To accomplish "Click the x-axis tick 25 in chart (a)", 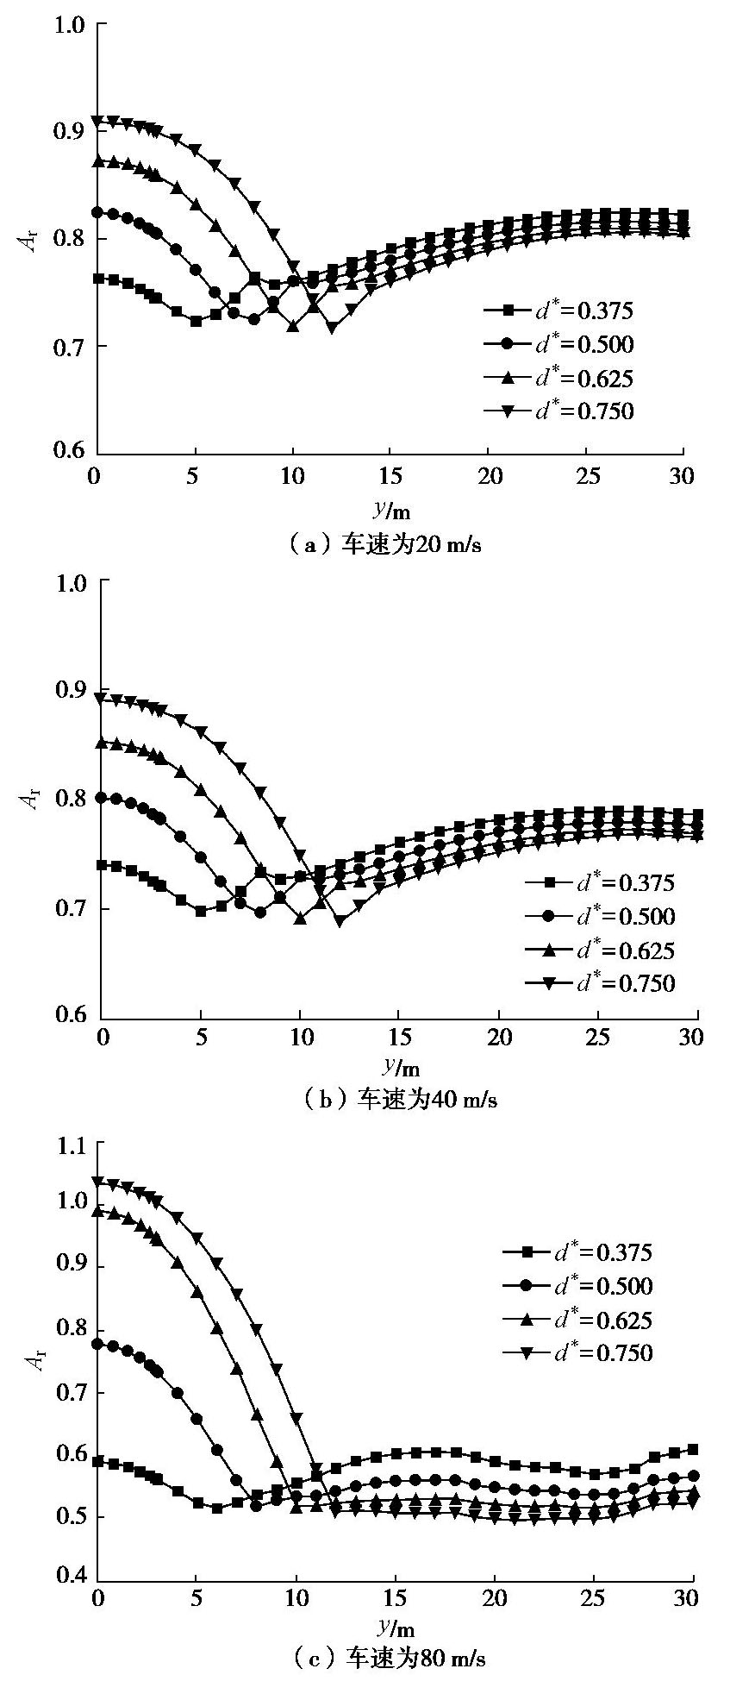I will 586,474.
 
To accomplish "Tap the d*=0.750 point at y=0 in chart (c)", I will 99,1182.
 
